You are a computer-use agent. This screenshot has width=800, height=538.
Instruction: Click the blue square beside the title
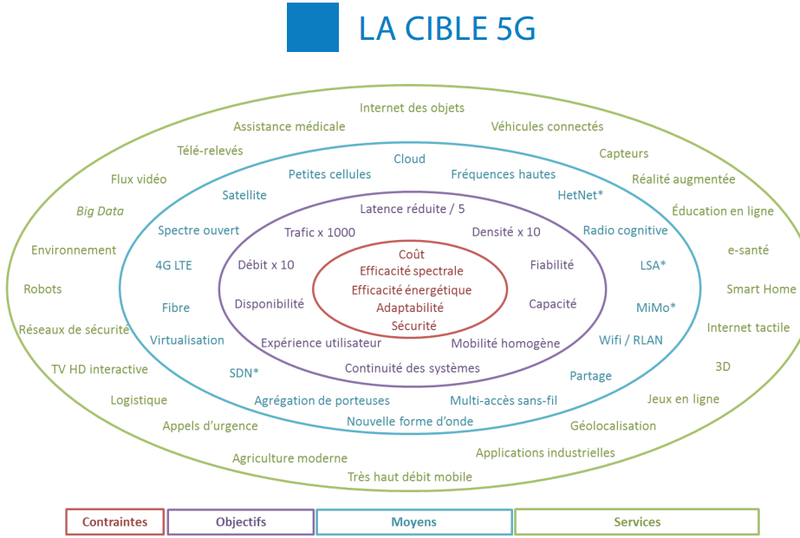[313, 29]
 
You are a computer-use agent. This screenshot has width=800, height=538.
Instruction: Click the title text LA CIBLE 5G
[447, 29]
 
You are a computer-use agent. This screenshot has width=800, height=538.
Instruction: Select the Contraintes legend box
[114, 522]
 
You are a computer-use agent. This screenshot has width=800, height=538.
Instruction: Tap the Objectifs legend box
[240, 522]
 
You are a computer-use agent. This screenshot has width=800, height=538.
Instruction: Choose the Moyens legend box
[413, 522]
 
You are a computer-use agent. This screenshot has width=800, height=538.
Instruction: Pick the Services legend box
[636, 522]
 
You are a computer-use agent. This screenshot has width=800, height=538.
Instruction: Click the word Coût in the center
[412, 255]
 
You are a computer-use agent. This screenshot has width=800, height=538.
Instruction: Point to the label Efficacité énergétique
[412, 289]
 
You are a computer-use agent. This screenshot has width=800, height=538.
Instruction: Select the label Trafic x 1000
[320, 232]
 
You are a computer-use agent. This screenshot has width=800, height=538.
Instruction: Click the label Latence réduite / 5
[413, 209]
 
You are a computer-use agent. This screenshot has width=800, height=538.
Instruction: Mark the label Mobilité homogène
[505, 343]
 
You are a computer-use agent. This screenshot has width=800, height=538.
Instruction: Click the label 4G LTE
[173, 265]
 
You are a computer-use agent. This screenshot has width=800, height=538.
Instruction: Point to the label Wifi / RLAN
[630, 340]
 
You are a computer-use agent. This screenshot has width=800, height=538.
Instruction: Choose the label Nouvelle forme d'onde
[410, 421]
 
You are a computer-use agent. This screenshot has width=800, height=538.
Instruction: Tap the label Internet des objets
[412, 107]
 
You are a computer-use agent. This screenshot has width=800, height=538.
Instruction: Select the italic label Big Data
[100, 211]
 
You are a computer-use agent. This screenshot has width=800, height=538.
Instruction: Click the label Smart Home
[760, 288]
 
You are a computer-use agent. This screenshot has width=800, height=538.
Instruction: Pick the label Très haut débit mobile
[410, 476]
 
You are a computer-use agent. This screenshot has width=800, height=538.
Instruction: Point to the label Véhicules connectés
[547, 126]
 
